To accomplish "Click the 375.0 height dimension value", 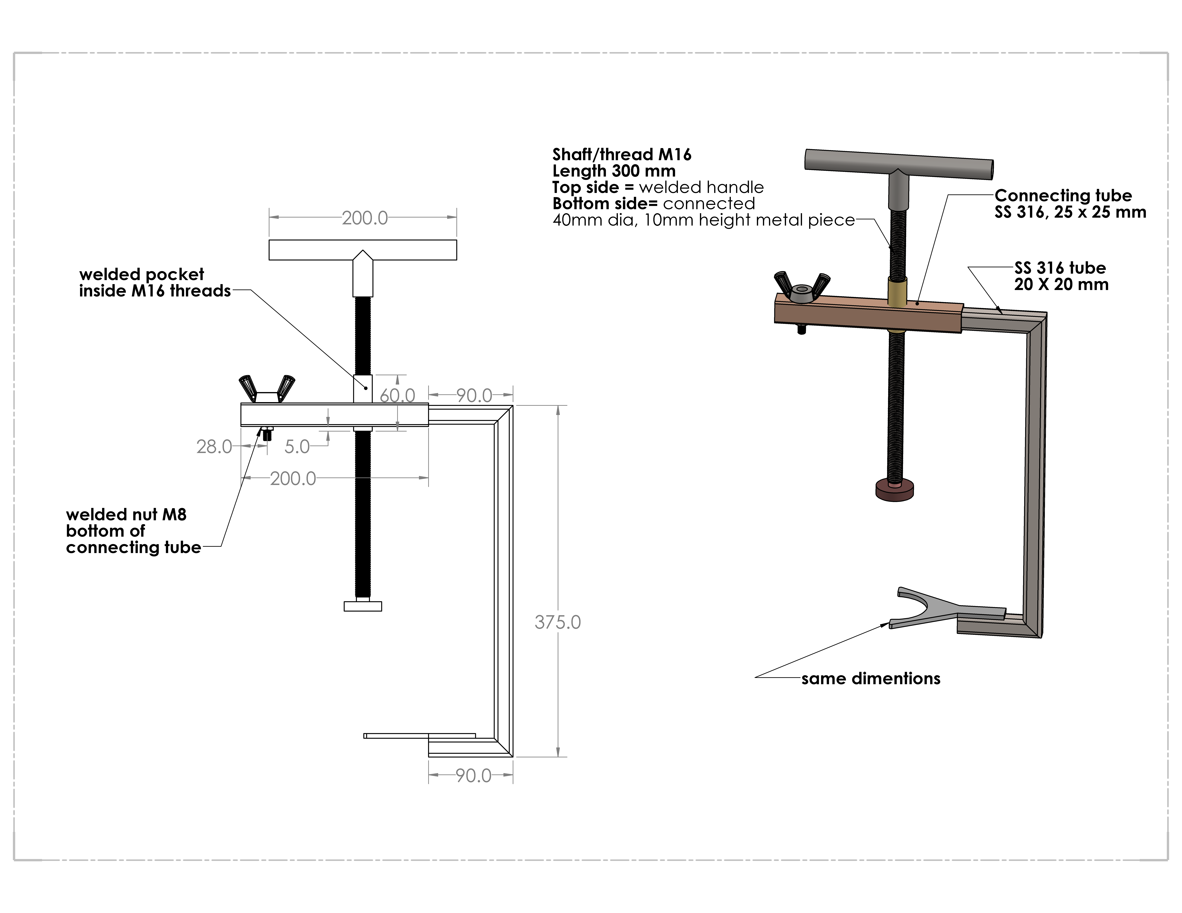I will pos(557,623).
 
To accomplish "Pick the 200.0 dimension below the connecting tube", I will pos(293,479).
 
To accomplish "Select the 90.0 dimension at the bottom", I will pos(473,776).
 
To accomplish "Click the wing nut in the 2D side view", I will pos(267,389).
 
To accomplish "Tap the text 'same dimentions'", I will pos(871,679).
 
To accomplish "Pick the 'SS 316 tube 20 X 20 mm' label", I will pos(1061,276).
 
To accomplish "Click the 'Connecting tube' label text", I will pos(1063,196).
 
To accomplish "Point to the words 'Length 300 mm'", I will pos(614,171).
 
